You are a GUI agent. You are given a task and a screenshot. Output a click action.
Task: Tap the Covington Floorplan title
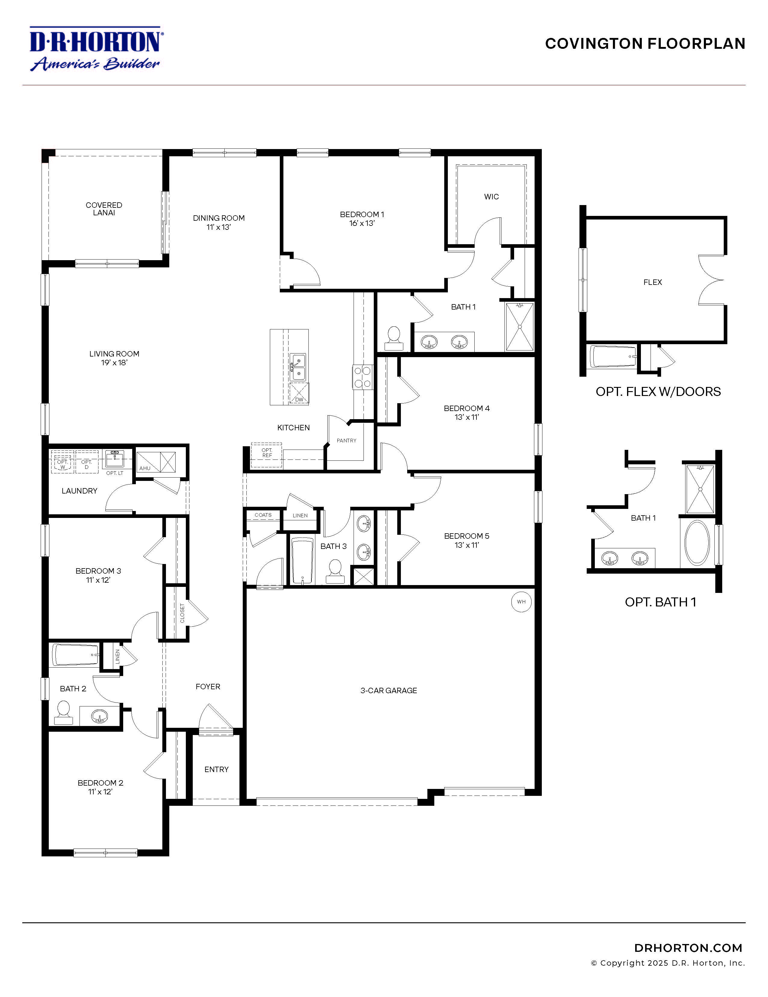(x=645, y=44)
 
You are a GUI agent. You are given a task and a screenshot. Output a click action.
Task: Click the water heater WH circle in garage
(x=521, y=602)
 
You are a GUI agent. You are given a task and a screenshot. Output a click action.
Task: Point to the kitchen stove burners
(x=363, y=377)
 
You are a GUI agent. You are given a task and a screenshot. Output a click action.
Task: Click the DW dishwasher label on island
(x=299, y=400)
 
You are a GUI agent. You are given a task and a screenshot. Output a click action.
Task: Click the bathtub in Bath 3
(x=303, y=561)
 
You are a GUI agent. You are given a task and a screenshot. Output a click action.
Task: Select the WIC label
(x=491, y=197)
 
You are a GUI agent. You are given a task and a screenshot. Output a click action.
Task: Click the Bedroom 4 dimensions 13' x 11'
(x=467, y=417)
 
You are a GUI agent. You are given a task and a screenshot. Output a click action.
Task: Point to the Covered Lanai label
(x=104, y=209)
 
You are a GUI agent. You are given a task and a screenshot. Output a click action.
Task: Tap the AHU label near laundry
(x=145, y=468)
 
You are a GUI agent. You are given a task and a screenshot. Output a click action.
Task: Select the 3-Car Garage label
(x=389, y=691)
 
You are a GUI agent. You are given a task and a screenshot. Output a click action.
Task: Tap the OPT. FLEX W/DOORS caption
(x=658, y=392)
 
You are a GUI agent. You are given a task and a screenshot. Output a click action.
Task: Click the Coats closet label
(x=263, y=515)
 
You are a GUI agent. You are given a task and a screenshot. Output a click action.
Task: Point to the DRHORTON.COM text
(x=688, y=948)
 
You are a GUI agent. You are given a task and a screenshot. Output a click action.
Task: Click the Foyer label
(x=208, y=687)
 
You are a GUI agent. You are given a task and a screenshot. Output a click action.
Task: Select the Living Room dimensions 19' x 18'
(x=114, y=363)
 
